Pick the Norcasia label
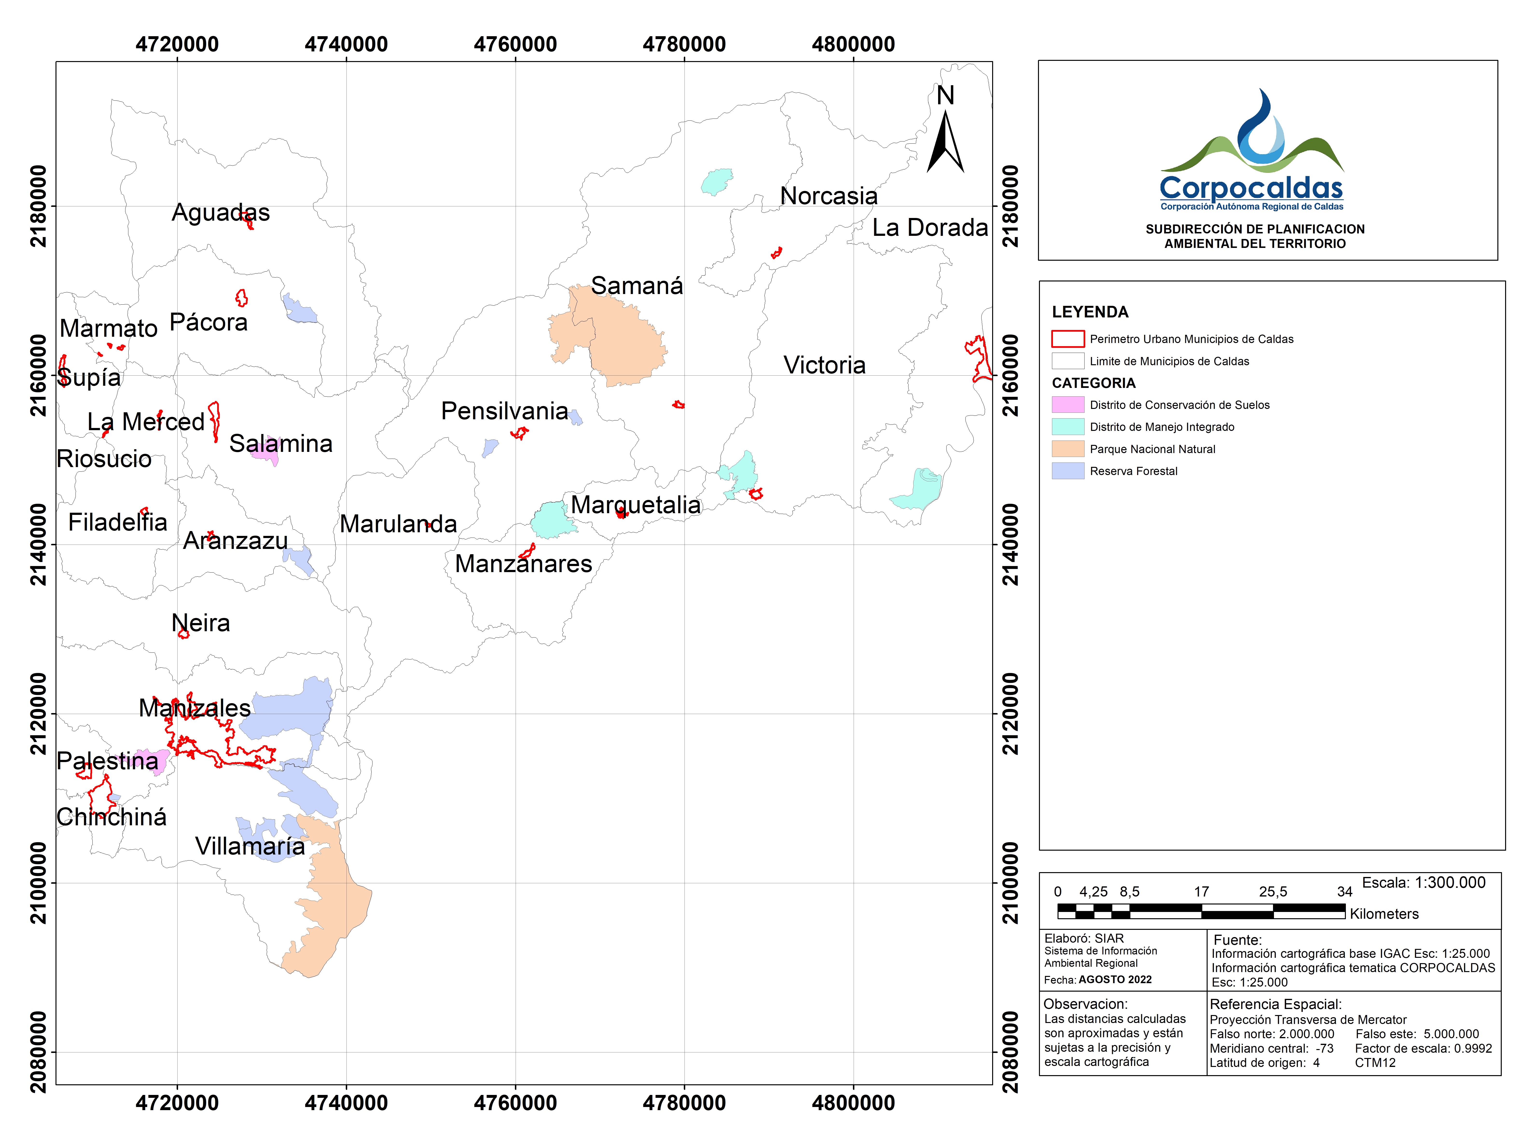828,196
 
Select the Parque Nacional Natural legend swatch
1067,449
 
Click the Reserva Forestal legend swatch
1067,471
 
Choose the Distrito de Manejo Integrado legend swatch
1067,427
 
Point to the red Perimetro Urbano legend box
1067,339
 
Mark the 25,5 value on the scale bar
1273,892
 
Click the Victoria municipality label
824,365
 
